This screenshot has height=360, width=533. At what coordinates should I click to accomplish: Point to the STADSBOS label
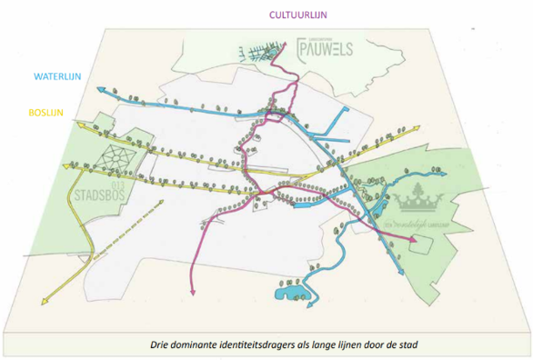[x=96, y=195]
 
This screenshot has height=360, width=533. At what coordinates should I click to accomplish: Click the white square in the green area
[x=419, y=244]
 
